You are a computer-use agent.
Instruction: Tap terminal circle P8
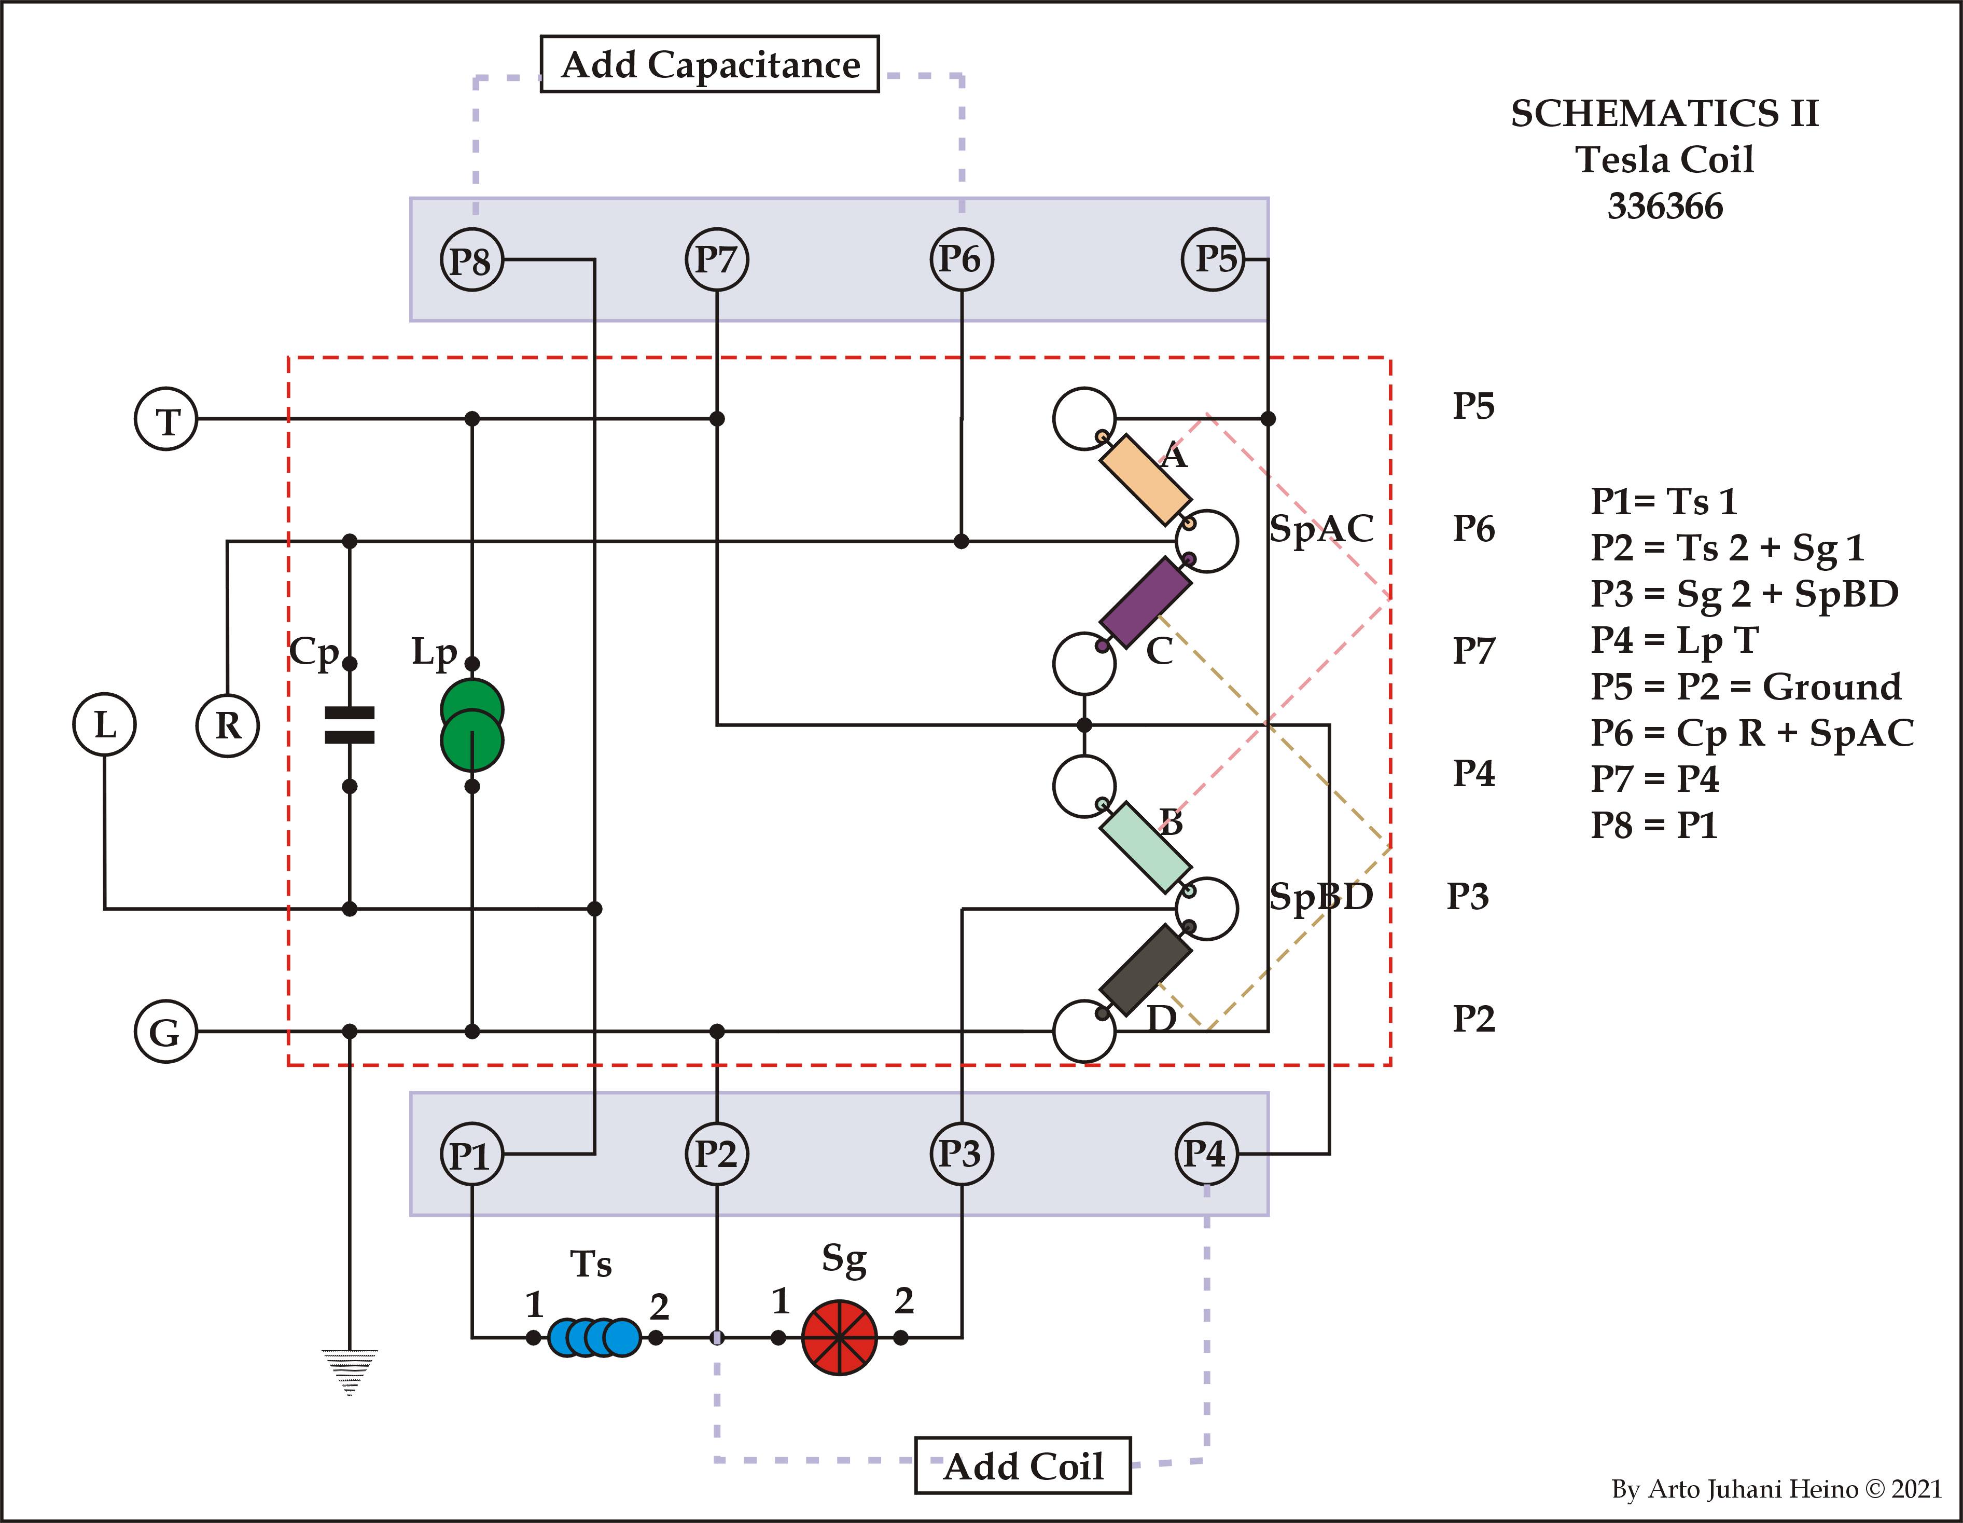tap(471, 260)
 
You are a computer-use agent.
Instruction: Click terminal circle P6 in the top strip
tap(961, 260)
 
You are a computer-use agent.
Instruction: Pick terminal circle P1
tap(471, 1155)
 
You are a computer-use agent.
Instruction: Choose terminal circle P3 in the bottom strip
tap(961, 1155)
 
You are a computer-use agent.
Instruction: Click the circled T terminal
tap(166, 419)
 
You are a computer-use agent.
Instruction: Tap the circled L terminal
tap(104, 724)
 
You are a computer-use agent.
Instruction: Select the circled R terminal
tap(227, 724)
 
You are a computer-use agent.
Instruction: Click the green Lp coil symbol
tap(472, 724)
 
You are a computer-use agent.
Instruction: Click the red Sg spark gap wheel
tap(839, 1337)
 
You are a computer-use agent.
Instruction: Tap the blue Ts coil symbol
tap(594, 1337)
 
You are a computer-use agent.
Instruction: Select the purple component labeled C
tap(1145, 602)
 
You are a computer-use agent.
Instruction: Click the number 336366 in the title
tap(1665, 207)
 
